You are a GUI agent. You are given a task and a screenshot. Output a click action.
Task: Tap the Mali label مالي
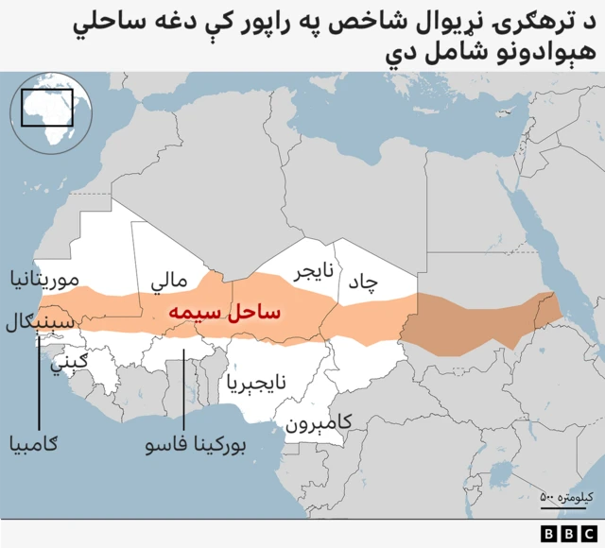pos(169,282)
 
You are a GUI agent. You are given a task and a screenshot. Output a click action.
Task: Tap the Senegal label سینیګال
pos(40,321)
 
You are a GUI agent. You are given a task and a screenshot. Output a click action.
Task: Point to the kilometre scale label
pos(564,497)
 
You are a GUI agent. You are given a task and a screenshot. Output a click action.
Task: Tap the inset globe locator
pos(49,113)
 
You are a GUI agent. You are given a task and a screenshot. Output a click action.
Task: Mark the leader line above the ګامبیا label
pos(39,378)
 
